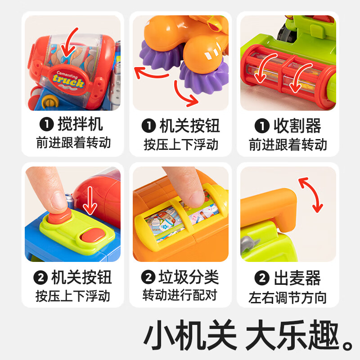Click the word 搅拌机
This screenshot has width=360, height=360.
click(x=80, y=125)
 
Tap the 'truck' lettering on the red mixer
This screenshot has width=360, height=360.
click(x=67, y=82)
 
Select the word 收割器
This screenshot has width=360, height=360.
click(x=297, y=126)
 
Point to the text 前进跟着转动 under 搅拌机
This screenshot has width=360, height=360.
click(x=73, y=144)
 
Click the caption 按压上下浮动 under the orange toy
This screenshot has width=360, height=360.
click(x=181, y=144)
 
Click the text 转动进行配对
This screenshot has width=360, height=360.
click(x=180, y=295)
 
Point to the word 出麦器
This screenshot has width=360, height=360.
click(x=297, y=278)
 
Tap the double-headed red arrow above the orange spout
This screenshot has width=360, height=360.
click(x=311, y=195)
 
